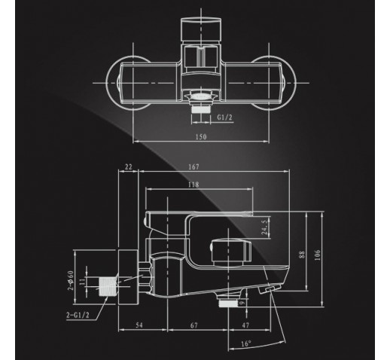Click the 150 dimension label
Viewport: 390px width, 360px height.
[201, 137]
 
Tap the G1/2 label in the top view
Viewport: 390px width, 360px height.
[224, 117]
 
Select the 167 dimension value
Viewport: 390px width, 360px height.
[193, 166]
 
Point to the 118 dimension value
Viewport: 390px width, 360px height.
[193, 185]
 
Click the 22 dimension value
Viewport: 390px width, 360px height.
[128, 166]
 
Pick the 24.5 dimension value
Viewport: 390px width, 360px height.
[264, 227]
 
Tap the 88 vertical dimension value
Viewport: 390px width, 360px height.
[302, 255]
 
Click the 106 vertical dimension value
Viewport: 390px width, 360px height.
[318, 255]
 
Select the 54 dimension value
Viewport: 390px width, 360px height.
[139, 325]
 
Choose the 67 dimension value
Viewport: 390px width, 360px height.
[194, 325]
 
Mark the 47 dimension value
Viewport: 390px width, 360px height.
[245, 325]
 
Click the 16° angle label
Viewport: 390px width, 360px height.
[246, 343]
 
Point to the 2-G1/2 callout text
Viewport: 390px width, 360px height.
[78, 315]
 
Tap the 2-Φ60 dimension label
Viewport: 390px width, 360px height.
[72, 280]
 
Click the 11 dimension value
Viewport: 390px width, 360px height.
[82, 282]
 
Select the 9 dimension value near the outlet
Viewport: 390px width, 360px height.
[242, 303]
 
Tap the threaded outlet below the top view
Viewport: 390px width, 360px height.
[201, 109]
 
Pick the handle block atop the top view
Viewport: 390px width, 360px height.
[201, 29]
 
